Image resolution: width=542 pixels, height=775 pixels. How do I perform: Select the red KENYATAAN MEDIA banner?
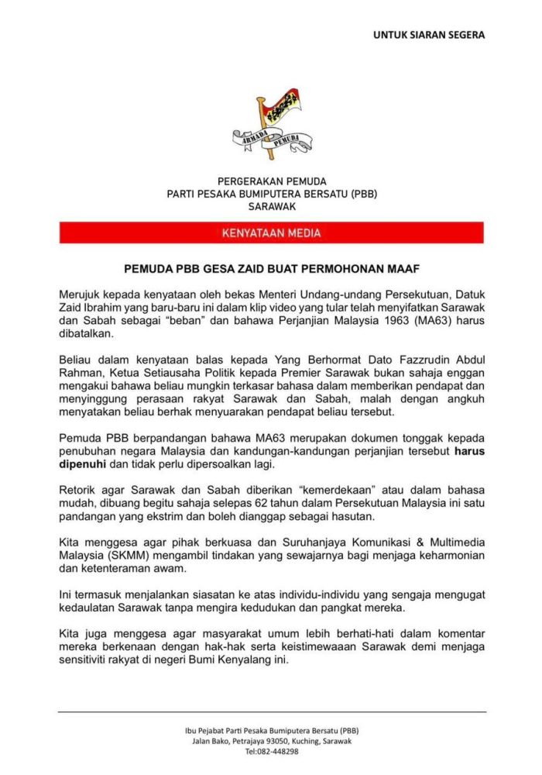tap(271, 232)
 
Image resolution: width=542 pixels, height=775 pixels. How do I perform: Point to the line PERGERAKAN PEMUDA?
tap(271, 181)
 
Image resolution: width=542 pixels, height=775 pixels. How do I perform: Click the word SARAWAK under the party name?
tap(271, 207)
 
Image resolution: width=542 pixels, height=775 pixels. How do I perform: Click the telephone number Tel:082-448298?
tap(271, 752)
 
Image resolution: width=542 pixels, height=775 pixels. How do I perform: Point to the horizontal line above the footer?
tap(271, 711)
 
